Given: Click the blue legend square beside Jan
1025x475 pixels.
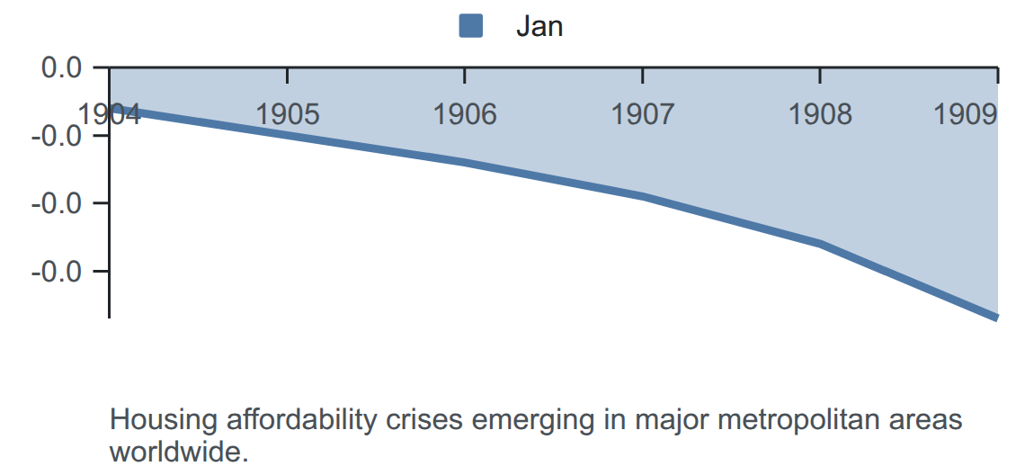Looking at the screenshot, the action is (x=470, y=26).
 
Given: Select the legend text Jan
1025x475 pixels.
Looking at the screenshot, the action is (x=539, y=27).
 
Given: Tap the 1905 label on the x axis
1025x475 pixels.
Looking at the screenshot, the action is (x=288, y=114).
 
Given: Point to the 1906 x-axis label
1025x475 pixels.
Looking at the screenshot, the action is (x=465, y=114).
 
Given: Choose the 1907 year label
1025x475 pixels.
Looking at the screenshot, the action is (x=643, y=114).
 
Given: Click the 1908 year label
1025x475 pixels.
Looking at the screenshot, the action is (x=820, y=114).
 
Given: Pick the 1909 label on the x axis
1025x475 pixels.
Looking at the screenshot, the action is (x=966, y=114).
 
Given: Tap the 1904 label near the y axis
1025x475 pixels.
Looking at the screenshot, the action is (x=109, y=114).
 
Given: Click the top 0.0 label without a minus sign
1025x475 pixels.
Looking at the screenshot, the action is (x=62, y=67).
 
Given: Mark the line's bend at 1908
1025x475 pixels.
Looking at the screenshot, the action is (x=820, y=244).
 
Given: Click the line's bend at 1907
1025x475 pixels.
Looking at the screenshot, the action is (x=643, y=196).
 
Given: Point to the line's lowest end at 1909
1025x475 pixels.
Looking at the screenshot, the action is (x=997, y=318).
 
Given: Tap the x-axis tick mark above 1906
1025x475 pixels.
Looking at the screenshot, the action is (x=465, y=76).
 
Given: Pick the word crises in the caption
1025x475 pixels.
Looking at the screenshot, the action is (x=424, y=420).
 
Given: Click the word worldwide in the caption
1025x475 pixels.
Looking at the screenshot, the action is (x=179, y=452).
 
